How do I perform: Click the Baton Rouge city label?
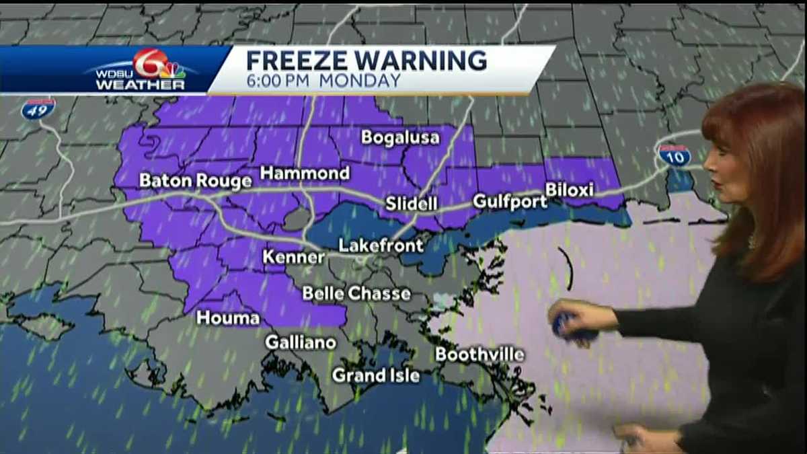tap(195, 181)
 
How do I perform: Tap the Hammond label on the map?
tap(305, 174)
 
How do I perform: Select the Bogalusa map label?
tap(400, 138)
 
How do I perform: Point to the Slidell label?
tap(412, 204)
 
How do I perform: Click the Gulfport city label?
tap(510, 201)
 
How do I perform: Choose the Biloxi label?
tap(569, 190)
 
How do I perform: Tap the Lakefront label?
tap(381, 245)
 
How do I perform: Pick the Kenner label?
tap(293, 258)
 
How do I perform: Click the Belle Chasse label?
tap(356, 293)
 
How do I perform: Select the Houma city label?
tap(228, 318)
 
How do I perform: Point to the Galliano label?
tap(300, 342)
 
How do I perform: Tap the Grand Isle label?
tap(375, 375)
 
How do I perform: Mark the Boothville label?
tap(479, 354)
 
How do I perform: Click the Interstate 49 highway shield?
tap(38, 108)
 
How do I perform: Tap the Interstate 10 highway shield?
tap(674, 155)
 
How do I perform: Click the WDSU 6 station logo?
tap(141, 69)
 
